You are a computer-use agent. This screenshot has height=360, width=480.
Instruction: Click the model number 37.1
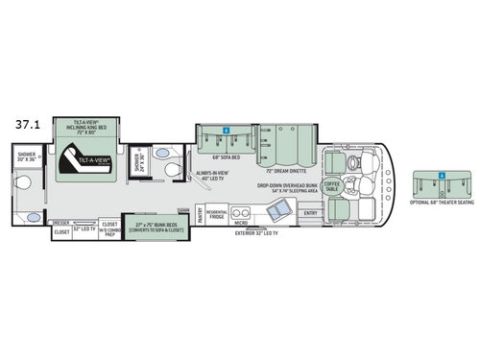(28, 124)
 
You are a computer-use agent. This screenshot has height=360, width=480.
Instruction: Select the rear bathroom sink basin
(33, 218)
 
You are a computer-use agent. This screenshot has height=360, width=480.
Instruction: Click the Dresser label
(60, 223)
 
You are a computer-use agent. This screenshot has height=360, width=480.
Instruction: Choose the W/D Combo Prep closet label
(108, 228)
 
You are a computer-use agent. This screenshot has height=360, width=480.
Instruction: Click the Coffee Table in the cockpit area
(330, 187)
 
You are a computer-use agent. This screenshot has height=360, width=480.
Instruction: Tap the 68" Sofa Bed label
(224, 155)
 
